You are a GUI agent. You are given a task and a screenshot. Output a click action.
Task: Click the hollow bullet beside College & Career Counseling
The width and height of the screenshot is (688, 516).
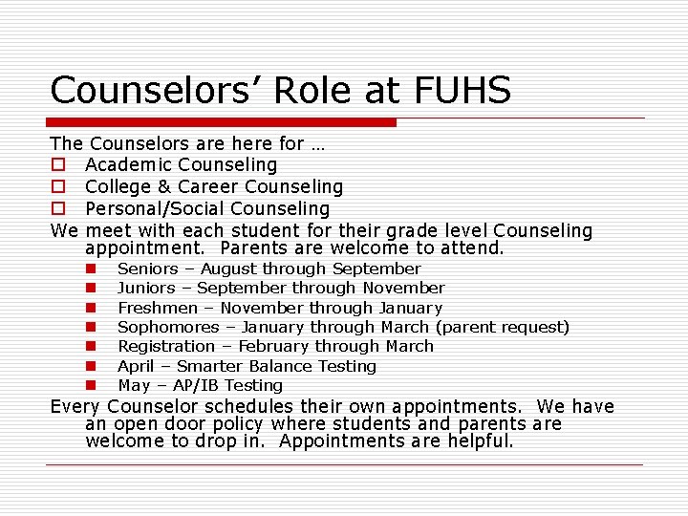57,187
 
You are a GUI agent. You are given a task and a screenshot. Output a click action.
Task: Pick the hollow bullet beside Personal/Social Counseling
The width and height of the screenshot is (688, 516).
57,209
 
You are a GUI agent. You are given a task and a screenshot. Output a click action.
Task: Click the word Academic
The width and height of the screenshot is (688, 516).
127,165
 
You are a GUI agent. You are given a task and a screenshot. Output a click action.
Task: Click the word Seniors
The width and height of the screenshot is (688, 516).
148,269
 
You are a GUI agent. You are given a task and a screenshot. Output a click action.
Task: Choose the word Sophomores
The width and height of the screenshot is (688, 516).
168,328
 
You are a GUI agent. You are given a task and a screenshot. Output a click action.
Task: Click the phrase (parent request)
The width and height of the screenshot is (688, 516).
502,328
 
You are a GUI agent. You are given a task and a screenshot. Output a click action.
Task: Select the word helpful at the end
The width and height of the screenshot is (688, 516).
477,441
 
